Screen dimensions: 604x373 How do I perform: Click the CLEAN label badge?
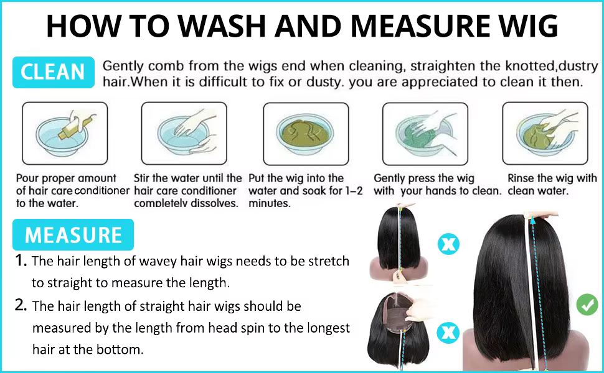(54, 72)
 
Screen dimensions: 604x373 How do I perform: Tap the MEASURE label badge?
(73, 234)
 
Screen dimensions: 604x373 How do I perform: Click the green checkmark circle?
(587, 305)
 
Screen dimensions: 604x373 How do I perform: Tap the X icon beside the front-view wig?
(448, 244)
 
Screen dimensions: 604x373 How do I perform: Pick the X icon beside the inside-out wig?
(448, 333)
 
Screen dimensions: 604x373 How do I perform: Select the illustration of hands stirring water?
(184, 133)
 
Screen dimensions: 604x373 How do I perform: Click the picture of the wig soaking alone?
(306, 134)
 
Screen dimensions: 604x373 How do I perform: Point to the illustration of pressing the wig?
(425, 134)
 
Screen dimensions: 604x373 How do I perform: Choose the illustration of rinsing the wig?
(545, 133)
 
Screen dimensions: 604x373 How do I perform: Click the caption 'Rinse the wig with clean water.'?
(552, 184)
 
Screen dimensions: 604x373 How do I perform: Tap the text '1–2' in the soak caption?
(354, 191)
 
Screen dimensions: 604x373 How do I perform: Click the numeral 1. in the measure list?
(21, 260)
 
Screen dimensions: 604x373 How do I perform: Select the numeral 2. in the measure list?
(21, 305)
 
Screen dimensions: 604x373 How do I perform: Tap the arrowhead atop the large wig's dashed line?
(533, 220)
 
